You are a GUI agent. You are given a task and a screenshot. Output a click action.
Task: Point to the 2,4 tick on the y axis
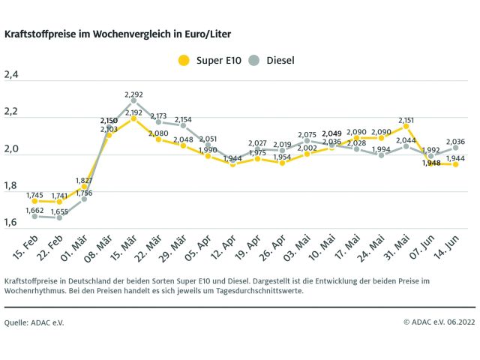click(12, 74)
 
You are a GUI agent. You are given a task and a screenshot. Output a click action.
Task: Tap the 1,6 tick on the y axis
click(12, 223)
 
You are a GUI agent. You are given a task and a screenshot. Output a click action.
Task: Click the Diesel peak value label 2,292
click(133, 94)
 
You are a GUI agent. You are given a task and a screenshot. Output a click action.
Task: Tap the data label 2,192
click(133, 112)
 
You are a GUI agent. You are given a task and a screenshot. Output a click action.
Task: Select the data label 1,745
click(35, 195)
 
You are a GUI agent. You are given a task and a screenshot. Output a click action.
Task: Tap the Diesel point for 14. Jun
click(455, 147)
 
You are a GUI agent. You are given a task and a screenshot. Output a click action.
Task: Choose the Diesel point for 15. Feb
click(34, 216)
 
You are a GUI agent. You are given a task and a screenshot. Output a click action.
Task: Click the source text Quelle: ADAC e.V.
click(34, 322)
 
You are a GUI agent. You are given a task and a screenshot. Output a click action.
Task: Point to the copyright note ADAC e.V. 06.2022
click(439, 322)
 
